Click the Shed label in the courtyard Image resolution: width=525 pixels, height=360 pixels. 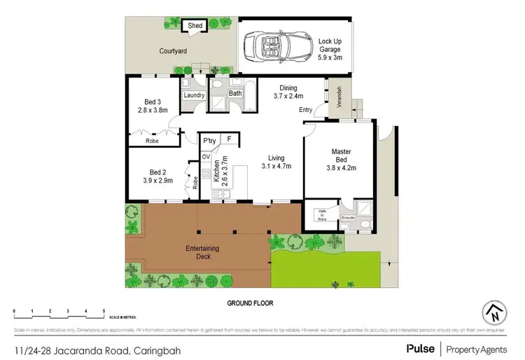[195, 26]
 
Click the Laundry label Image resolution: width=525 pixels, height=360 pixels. [193, 95]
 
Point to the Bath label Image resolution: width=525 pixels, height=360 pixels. [235, 93]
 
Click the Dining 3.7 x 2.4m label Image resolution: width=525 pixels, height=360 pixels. [286, 92]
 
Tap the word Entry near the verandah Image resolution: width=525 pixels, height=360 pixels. [306, 110]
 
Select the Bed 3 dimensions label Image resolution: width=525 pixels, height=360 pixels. [153, 106]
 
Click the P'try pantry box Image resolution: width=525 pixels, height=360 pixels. [209, 141]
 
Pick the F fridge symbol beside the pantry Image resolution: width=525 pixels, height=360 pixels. [229, 140]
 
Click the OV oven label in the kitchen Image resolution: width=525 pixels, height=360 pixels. [206, 156]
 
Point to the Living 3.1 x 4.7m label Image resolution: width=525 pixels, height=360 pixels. [276, 162]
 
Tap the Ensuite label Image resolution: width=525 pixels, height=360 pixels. [348, 218]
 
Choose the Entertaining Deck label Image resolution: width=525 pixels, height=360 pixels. [202, 252]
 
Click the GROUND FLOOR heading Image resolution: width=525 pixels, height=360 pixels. [249, 304]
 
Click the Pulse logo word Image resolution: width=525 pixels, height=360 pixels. [419, 348]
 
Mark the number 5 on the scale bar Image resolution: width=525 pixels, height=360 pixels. [104, 310]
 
